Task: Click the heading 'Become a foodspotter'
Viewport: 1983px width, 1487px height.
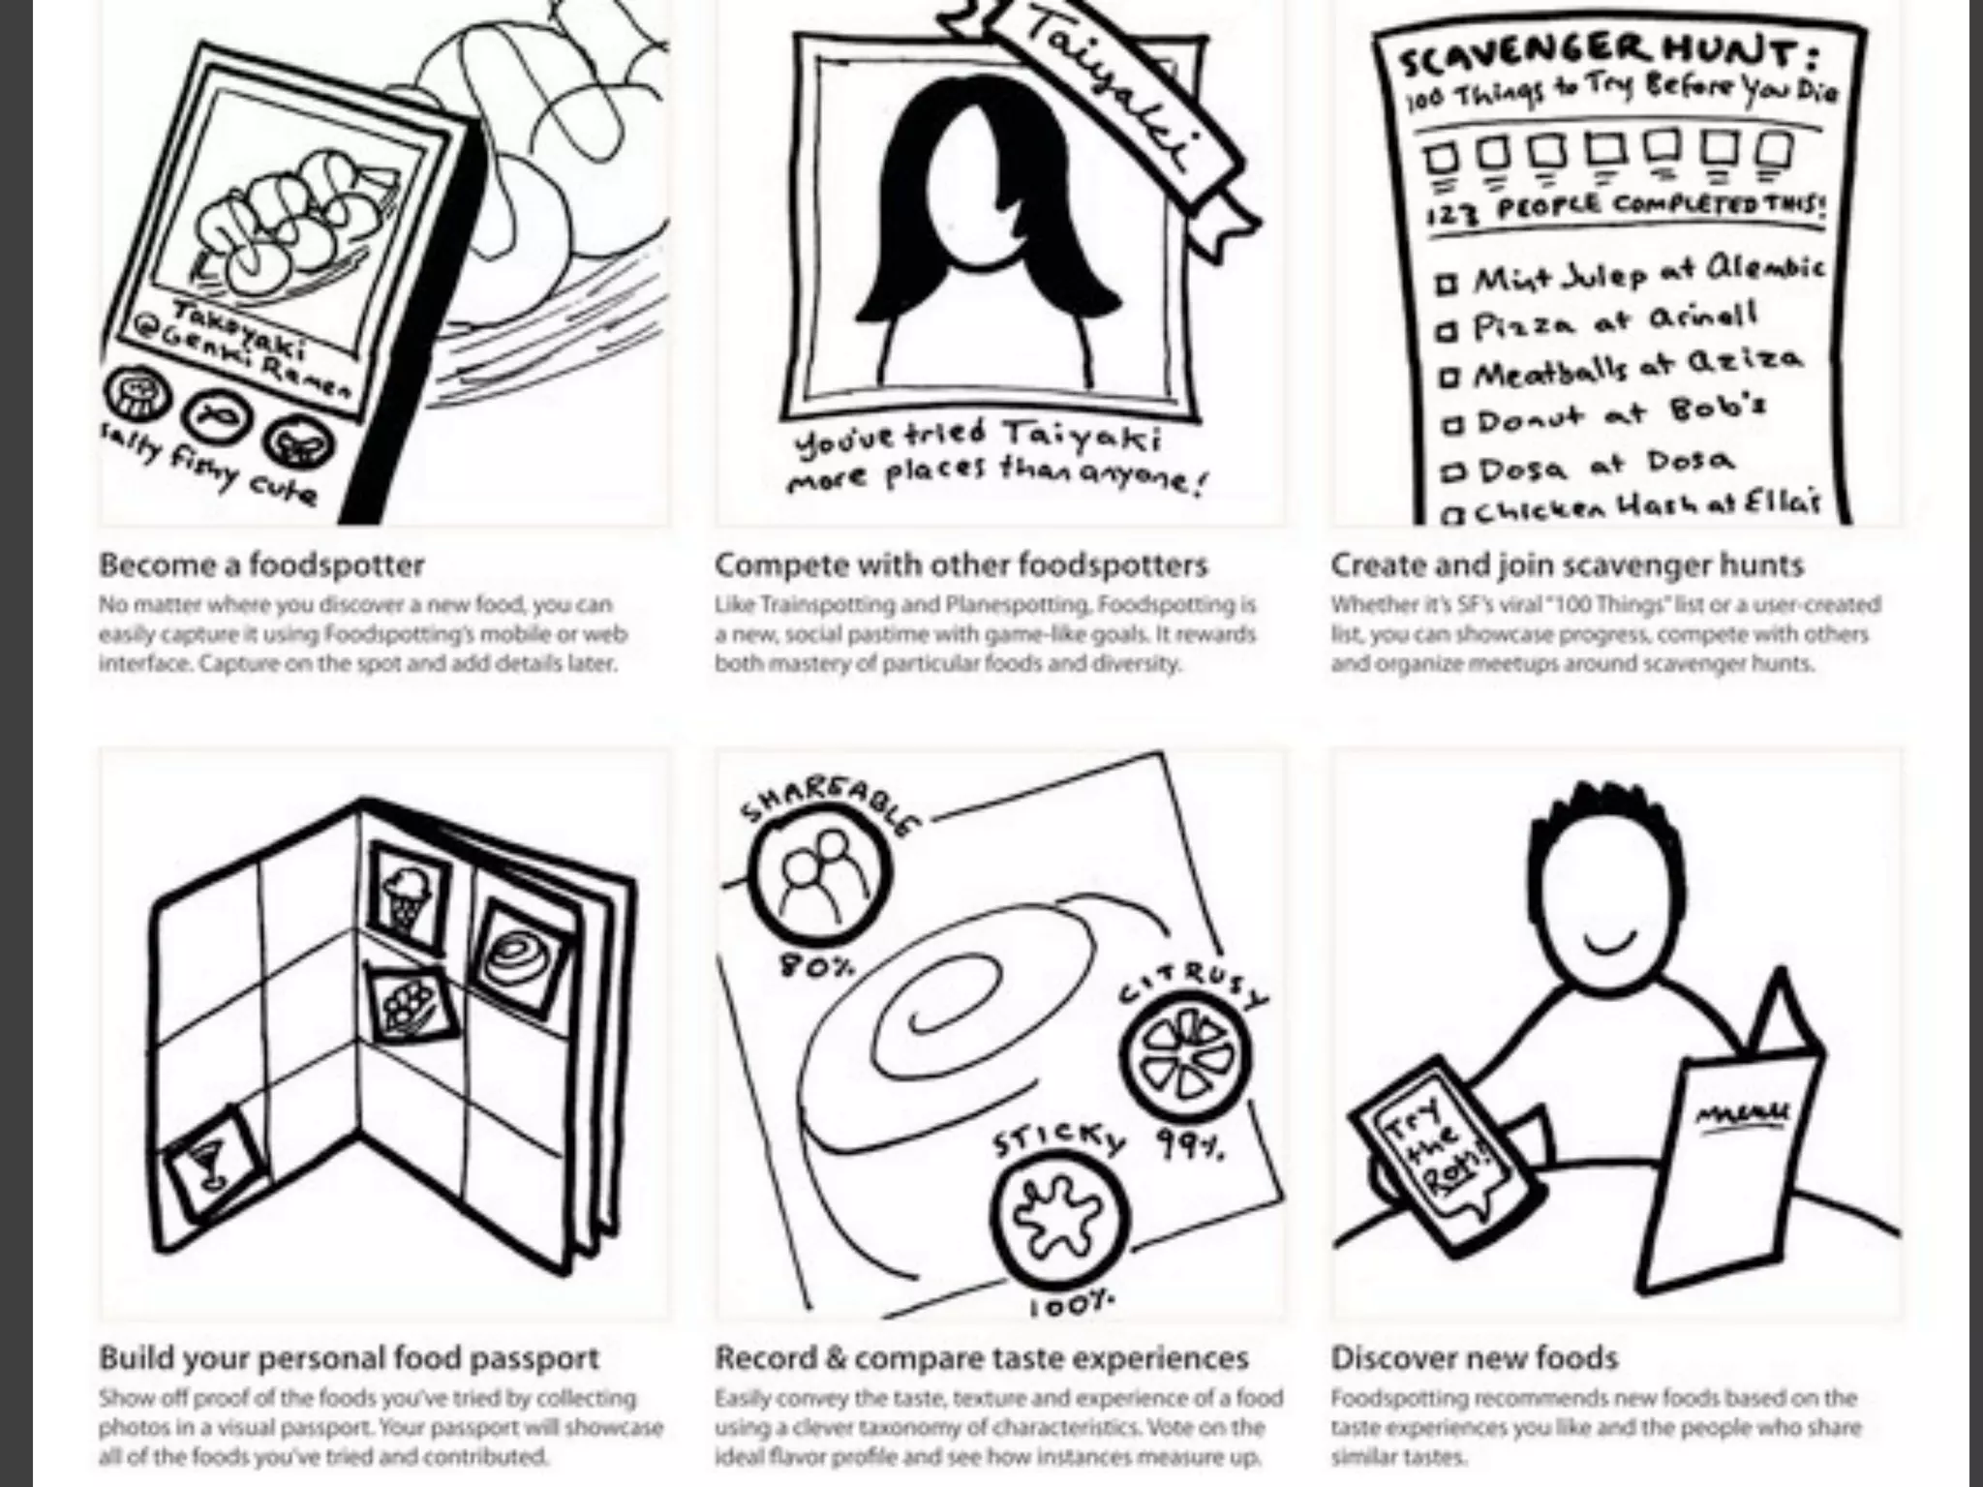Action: (261, 564)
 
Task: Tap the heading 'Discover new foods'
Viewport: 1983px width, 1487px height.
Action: (1474, 1357)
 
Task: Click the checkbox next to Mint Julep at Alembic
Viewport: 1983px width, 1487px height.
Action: (1447, 285)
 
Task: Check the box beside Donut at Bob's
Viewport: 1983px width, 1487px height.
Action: (1451, 424)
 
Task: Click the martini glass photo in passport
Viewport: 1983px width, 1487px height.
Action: (211, 1163)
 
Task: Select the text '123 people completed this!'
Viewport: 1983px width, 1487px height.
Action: (1627, 208)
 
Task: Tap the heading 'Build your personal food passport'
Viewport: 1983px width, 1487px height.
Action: (349, 1357)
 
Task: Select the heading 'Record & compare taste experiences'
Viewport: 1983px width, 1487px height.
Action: (981, 1357)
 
